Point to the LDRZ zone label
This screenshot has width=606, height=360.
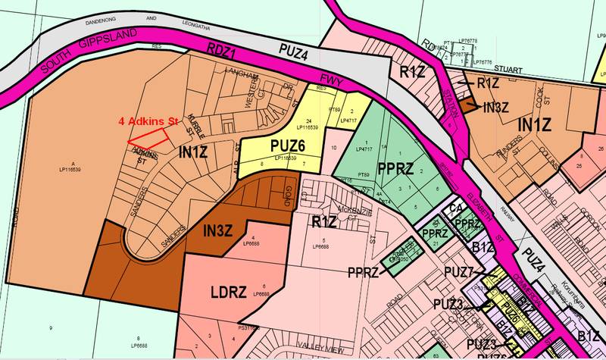224,292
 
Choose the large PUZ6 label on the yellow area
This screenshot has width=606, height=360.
282,145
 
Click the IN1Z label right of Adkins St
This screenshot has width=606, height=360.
193,154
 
